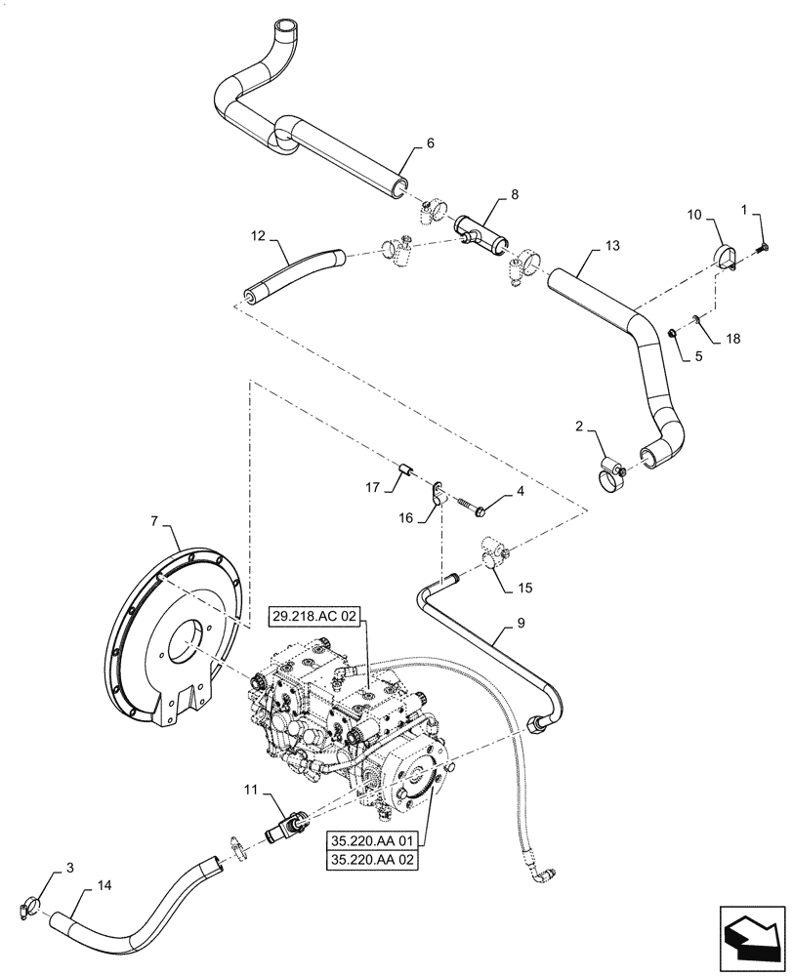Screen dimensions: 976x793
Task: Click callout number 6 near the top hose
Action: pyautogui.click(x=430, y=144)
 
